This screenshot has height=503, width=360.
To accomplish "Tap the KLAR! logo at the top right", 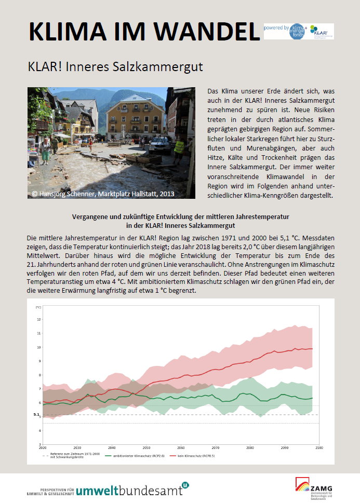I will point(322,32).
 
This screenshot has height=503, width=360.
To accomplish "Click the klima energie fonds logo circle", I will point(297,31).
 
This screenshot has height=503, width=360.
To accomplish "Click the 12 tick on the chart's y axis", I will point(38,319).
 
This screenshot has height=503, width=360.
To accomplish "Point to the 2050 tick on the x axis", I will point(146,447).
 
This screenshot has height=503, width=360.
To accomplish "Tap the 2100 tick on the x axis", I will point(318,447).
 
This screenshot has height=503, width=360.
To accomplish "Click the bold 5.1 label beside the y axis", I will point(36,415).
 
